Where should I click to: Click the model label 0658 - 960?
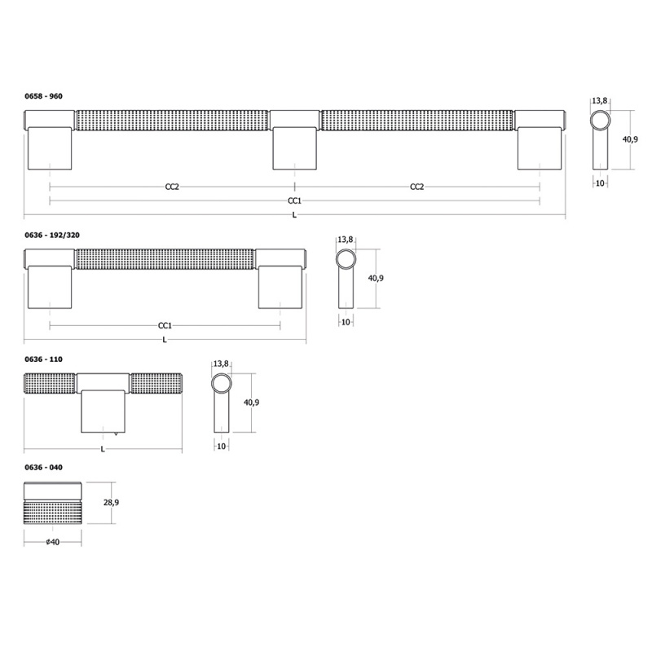pyautogui.click(x=43, y=96)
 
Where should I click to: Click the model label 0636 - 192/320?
pyautogui.click(x=52, y=235)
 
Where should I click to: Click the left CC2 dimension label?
pyautogui.click(x=172, y=187)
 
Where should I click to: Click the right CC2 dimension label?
pyautogui.click(x=416, y=187)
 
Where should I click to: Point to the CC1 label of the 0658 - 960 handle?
pyautogui.click(x=294, y=200)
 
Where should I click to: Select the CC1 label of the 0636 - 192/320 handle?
pyautogui.click(x=165, y=325)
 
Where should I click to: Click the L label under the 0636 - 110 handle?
pyautogui.click(x=103, y=449)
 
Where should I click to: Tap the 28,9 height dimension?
pyautogui.click(x=112, y=503)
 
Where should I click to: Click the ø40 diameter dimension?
pyautogui.click(x=53, y=542)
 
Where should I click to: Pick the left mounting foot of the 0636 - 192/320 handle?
pyautogui.click(x=51, y=288)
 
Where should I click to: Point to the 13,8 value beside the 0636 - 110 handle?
pyautogui.click(x=220, y=363)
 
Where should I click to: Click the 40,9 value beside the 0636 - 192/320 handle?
pyautogui.click(x=376, y=278)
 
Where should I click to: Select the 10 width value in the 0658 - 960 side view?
pyautogui.click(x=600, y=183)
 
